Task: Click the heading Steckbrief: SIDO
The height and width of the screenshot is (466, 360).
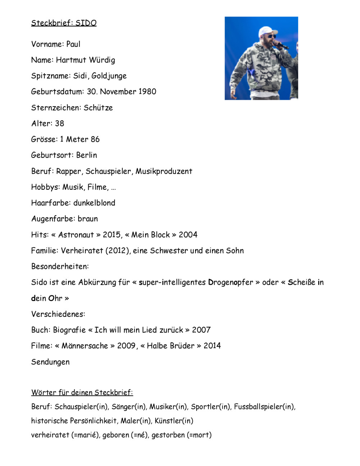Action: [x=64, y=23]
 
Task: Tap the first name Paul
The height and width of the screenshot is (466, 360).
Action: [x=73, y=44]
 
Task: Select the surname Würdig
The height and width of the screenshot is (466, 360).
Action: [x=102, y=60]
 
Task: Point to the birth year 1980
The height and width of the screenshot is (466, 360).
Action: [x=147, y=92]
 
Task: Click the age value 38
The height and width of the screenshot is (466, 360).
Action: [x=59, y=124]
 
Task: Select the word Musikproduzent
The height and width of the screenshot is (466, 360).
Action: [x=164, y=171]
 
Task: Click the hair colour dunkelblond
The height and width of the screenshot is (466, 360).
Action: [x=94, y=203]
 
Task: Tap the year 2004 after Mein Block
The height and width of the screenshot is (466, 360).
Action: [x=188, y=235]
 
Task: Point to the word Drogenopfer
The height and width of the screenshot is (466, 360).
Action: [x=230, y=282]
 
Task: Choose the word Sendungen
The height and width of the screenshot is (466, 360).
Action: [x=50, y=362]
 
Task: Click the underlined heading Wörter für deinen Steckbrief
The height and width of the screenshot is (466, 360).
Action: [x=82, y=393]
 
